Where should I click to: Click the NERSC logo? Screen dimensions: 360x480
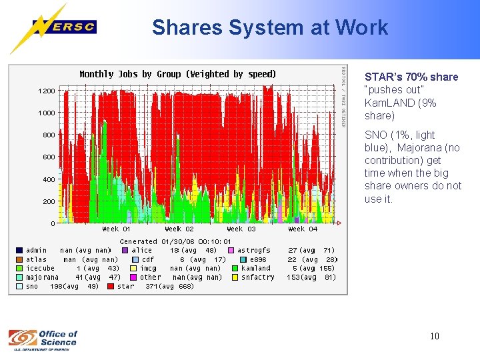click(x=63, y=27)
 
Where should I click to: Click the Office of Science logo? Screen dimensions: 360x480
click(x=43, y=339)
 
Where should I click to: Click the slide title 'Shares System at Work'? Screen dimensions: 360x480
click(x=269, y=27)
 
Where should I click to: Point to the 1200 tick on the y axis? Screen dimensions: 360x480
click(x=47, y=90)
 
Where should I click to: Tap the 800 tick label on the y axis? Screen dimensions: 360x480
click(x=49, y=135)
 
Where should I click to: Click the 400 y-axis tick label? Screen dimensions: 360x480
click(x=49, y=179)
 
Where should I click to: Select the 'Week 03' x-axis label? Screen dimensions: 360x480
click(x=241, y=229)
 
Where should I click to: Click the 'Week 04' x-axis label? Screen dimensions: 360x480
click(x=303, y=229)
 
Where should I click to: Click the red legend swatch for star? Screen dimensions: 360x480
click(x=111, y=287)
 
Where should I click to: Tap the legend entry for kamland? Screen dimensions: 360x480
click(x=255, y=269)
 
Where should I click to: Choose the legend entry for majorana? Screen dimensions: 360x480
click(x=42, y=277)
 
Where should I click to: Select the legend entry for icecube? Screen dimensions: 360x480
click(x=40, y=269)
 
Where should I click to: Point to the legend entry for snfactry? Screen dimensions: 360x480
click(x=257, y=277)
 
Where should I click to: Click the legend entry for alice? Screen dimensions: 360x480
click(x=142, y=251)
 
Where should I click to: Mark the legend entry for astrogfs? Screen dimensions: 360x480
click(x=254, y=251)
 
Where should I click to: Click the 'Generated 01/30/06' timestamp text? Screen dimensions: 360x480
click(x=175, y=241)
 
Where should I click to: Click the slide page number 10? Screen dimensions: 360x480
click(x=434, y=336)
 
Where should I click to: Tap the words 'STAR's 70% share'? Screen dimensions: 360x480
click(x=411, y=77)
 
